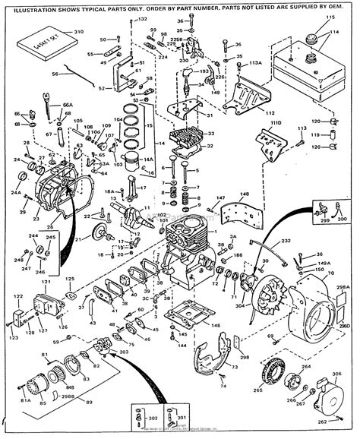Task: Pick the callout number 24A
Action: pyautogui.click(x=16, y=192)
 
